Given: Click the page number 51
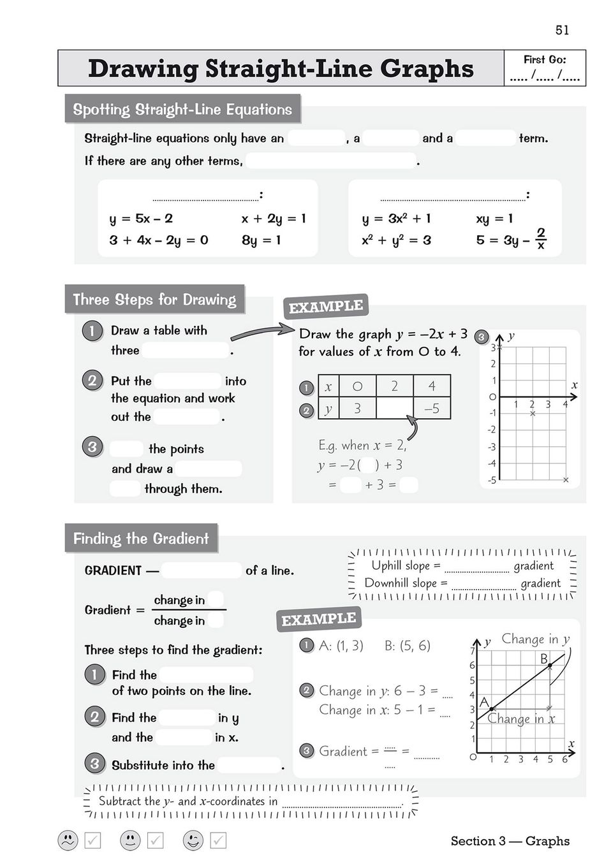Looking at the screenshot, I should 562,30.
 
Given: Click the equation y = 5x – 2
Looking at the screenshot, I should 141,219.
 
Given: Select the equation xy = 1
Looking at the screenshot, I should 494,219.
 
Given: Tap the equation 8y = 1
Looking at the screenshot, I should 261,240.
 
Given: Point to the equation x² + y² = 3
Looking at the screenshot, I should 396,240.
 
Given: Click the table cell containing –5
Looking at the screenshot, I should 432,409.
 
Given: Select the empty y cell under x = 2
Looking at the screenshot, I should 394,409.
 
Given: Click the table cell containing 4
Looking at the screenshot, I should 432,386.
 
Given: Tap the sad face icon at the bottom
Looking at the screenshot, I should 68,840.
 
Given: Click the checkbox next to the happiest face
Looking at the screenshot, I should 218,840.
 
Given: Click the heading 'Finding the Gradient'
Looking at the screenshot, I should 141,539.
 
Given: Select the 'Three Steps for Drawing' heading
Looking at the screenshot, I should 154,300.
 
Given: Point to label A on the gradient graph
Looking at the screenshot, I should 484,702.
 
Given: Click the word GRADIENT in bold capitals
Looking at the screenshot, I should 113,571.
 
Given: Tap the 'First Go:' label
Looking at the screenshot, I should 545,60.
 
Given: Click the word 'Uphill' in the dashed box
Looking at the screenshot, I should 386,565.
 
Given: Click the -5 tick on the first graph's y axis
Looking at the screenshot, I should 492,480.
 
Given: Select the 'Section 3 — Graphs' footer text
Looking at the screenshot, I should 510,841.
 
